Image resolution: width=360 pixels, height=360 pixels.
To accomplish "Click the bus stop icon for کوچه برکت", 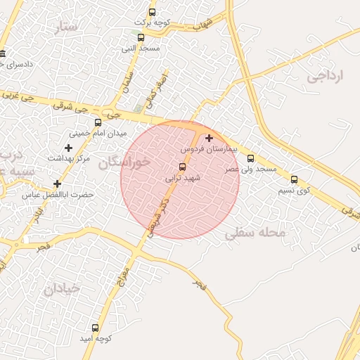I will click(153, 12).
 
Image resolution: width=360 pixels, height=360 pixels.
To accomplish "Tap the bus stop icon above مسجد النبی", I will click(141, 37).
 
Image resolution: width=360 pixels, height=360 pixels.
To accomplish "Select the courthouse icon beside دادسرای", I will click(4, 55).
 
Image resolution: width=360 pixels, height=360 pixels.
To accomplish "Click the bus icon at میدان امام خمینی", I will click(98, 122).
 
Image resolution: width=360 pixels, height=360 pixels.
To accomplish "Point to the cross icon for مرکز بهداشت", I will click(68, 148).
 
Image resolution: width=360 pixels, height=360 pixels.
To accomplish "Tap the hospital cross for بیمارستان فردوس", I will click(209, 139).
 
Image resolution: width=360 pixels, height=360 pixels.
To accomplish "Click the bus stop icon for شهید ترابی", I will click(183, 167).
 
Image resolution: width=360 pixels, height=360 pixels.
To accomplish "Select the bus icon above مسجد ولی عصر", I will click(251, 158).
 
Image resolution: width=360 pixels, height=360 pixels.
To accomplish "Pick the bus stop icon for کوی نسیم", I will click(294, 179).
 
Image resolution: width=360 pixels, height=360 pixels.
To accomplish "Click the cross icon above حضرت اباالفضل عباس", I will click(57, 184).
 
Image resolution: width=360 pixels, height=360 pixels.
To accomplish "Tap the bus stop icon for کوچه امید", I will click(95, 328).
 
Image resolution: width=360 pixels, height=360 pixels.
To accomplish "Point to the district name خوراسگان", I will click(124, 162).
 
